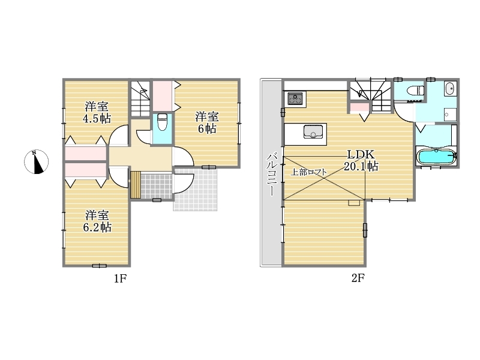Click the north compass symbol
[37, 161]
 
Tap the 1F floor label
[120, 278]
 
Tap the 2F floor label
[358, 278]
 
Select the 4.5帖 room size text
[97, 118]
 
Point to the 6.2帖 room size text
[97, 227]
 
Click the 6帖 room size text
[207, 128]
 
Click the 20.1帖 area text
[361, 166]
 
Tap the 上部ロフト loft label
[308, 172]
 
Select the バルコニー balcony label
[272, 175]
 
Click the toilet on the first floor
[162, 122]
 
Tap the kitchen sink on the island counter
[313, 131]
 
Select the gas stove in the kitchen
[295, 98]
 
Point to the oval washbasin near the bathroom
[449, 88]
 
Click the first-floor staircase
[140, 98]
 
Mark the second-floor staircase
[371, 95]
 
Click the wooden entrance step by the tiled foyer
[136, 185]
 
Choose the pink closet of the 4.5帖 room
[86, 154]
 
